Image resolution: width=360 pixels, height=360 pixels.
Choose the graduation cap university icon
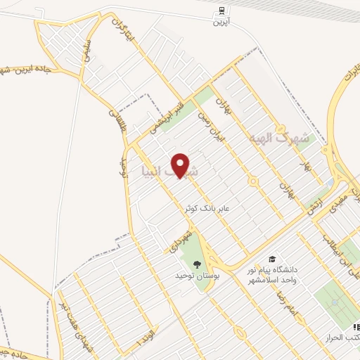coord(271,259)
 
